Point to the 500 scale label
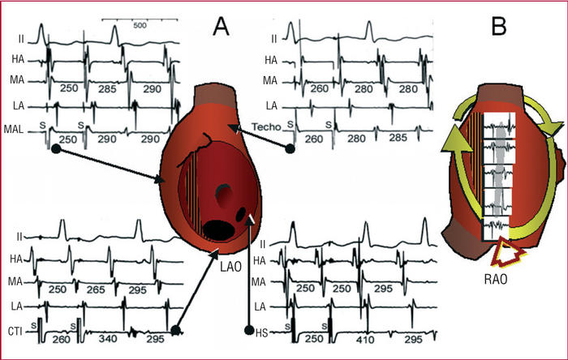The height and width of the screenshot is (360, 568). point(140,25)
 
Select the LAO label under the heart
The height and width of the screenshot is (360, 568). point(229,263)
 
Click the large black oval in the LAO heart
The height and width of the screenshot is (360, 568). point(217,229)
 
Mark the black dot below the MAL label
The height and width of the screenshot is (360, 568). point(55,149)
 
